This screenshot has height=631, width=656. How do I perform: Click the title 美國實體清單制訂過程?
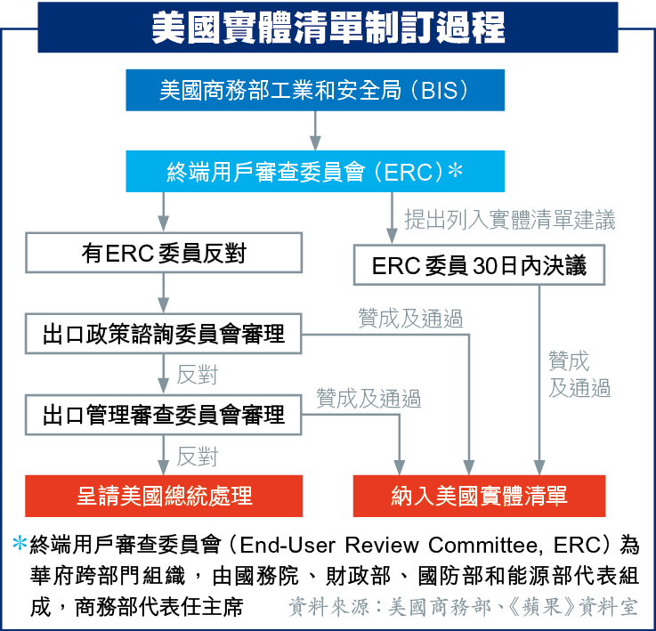[328, 28]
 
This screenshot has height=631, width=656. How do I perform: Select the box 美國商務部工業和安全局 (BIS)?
[315, 90]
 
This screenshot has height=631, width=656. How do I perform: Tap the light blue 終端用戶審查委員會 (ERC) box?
[315, 171]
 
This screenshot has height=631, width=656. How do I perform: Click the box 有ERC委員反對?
[164, 253]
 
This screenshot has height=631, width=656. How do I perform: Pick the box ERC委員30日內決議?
[479, 265]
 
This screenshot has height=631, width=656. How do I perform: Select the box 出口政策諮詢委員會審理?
[164, 334]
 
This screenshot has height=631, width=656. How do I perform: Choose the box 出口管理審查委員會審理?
[164, 415]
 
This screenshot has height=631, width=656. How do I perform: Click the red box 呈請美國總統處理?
[164, 496]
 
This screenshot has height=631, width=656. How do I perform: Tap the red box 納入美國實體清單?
[480, 496]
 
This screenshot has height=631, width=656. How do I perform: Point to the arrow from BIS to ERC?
[315, 131]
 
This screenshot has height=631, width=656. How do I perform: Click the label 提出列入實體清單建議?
[510, 219]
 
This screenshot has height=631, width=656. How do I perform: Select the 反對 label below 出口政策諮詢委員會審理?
[197, 375]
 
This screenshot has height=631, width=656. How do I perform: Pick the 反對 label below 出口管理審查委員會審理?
[197, 456]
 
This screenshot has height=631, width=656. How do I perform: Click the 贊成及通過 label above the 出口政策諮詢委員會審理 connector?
[410, 318]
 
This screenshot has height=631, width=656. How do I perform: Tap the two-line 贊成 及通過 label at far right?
[579, 374]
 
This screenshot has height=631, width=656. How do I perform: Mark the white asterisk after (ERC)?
[455, 170]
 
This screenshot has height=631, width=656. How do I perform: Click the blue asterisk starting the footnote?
[20, 543]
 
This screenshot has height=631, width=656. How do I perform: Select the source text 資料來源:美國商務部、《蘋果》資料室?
[463, 607]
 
